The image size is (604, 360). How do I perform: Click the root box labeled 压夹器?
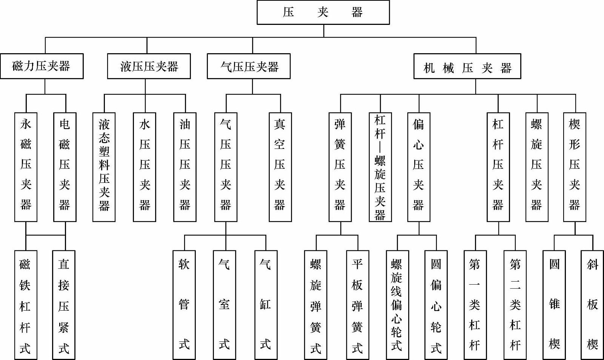click(323, 12)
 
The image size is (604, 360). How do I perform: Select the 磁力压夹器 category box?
click(41, 66)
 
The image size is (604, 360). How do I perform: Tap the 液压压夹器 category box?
click(149, 66)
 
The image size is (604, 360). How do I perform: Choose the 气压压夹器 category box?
click(249, 66)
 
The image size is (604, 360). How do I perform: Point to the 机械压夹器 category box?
click(467, 67)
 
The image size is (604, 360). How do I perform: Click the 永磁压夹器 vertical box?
click(26, 167)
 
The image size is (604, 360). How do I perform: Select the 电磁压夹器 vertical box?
click(65, 167)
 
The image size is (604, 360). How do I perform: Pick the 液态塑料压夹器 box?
click(104, 167)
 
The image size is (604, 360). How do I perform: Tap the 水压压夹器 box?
click(144, 167)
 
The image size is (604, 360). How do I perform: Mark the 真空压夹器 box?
click(280, 167)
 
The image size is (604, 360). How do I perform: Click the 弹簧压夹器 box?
click(340, 167)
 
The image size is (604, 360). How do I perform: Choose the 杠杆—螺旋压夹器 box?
click(380, 167)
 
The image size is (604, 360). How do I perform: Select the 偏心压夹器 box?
click(418, 167)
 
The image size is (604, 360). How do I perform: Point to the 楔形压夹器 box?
click(575, 167)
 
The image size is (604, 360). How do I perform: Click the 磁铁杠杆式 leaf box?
click(26, 305)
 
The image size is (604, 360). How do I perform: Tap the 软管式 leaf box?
click(184, 305)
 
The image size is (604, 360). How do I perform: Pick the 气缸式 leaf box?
click(266, 305)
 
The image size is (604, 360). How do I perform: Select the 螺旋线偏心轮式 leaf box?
click(397, 305)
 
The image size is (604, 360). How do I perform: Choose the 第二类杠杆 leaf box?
click(515, 305)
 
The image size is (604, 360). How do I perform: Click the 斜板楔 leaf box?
click(592, 305)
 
